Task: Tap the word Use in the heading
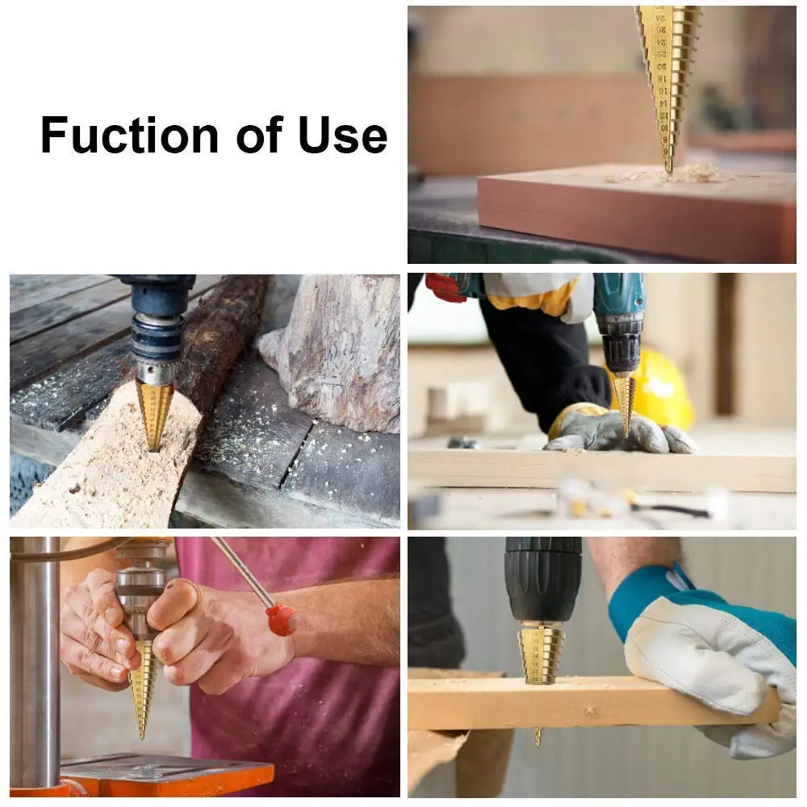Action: click(343, 135)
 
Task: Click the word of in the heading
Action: click(254, 135)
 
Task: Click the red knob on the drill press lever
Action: click(282, 619)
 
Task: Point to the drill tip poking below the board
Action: click(537, 735)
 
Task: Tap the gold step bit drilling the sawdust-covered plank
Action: click(153, 412)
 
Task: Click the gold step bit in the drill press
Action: click(144, 686)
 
